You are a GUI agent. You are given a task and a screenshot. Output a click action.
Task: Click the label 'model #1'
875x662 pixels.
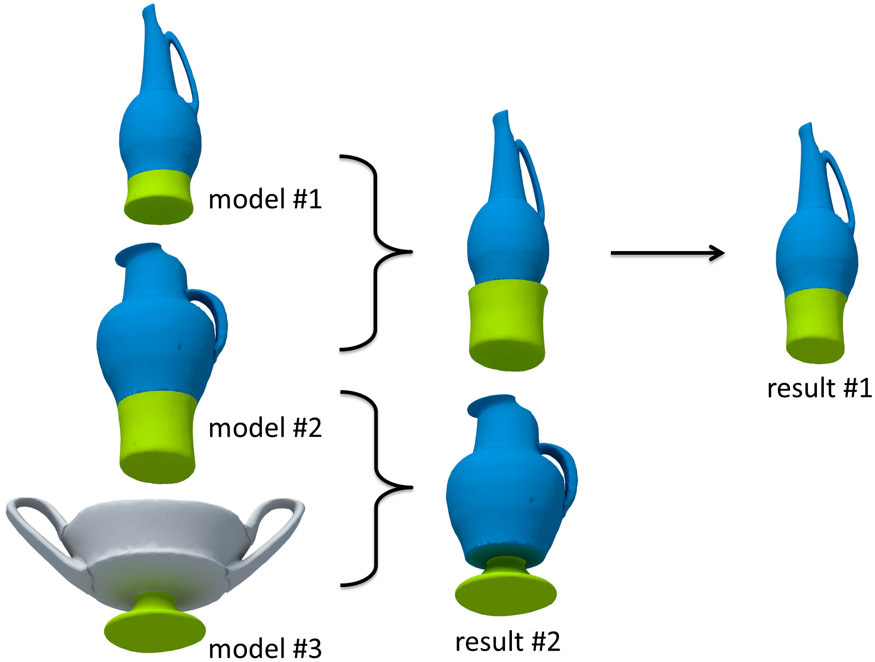click(265, 199)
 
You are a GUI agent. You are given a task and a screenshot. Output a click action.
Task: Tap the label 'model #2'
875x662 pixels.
click(265, 428)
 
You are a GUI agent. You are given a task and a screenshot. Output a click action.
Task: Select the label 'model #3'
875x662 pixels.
click(265, 648)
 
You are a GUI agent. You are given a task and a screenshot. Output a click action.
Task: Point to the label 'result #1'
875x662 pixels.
click(819, 389)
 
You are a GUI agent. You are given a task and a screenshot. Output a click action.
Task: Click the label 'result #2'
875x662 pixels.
click(507, 642)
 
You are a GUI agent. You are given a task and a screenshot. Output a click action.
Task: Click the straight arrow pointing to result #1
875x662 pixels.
click(667, 253)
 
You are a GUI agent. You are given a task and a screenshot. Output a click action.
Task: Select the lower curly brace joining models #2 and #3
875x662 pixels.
click(376, 488)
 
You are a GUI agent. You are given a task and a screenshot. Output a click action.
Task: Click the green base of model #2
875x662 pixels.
click(157, 436)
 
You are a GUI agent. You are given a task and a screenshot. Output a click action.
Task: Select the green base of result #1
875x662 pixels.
click(815, 327)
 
